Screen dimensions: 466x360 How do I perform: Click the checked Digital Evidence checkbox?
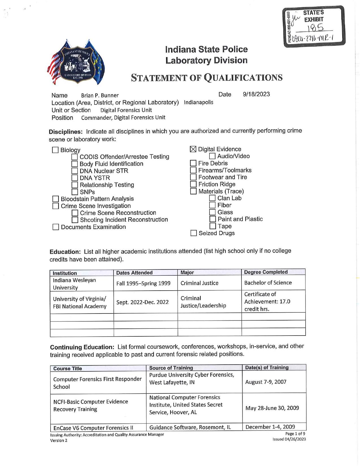(193, 149)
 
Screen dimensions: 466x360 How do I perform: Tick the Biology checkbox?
(55, 150)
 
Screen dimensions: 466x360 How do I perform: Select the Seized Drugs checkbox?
(194, 233)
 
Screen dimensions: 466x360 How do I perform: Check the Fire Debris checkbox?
(193, 163)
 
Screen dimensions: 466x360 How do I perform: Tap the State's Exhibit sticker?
(314, 26)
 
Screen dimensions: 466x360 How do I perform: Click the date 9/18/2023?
(256, 94)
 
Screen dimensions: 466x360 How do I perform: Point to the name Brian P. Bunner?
(100, 95)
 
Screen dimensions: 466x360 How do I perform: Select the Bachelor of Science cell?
(268, 283)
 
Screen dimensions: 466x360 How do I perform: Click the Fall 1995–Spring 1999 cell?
(143, 283)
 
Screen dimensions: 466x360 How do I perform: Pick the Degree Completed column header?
(266, 272)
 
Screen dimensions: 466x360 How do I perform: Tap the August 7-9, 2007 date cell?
(266, 382)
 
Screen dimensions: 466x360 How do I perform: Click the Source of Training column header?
(171, 368)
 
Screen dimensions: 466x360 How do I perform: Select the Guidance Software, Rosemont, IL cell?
(190, 427)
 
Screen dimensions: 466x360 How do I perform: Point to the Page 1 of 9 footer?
(295, 434)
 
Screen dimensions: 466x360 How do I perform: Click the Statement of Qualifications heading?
(207, 78)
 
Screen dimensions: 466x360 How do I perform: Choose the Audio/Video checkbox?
(212, 156)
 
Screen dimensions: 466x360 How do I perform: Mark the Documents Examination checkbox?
(56, 227)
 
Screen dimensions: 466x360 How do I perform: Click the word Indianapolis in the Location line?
(198, 102)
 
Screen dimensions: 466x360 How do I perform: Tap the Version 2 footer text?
(59, 440)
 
